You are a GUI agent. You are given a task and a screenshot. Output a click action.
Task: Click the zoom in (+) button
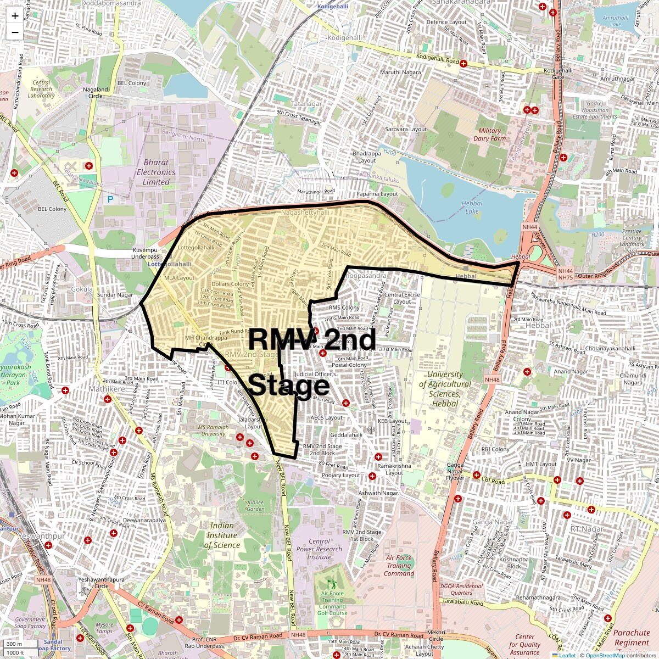click(x=15, y=16)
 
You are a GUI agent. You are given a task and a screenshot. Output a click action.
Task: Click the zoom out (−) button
click(x=15, y=32)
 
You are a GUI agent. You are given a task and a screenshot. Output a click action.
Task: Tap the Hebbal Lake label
click(x=472, y=207)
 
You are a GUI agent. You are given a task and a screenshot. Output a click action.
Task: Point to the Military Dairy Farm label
click(x=489, y=135)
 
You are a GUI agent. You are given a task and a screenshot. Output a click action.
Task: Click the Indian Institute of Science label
click(x=222, y=535)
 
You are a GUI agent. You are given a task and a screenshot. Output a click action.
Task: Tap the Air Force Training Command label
click(x=399, y=566)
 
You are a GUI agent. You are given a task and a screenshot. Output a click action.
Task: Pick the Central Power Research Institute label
click(x=319, y=549)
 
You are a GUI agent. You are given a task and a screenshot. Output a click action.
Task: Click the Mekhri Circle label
click(x=436, y=636)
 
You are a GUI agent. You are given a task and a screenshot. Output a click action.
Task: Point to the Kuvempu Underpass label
click(x=145, y=253)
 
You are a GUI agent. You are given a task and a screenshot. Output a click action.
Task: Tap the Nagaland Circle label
click(x=96, y=92)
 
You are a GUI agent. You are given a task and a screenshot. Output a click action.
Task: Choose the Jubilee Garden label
click(x=255, y=505)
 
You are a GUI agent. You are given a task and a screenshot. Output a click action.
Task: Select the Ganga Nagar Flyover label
click(x=455, y=471)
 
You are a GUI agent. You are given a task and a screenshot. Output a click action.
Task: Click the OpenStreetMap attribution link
click(x=605, y=655)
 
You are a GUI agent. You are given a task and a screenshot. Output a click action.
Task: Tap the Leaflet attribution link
click(x=567, y=655)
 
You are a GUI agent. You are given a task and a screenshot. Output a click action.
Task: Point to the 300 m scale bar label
click(x=14, y=644)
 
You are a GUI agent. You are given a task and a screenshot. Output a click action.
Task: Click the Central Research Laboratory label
click(x=41, y=89)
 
